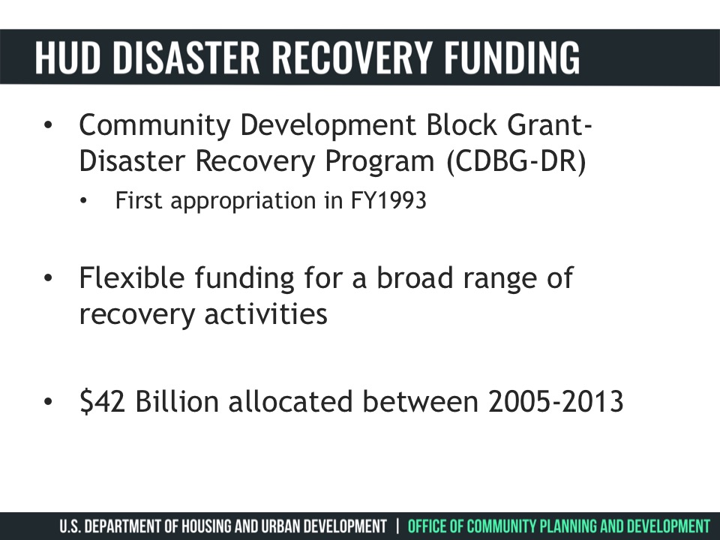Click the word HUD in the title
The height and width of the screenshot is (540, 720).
point(67,57)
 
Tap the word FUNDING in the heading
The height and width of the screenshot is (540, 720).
point(511,57)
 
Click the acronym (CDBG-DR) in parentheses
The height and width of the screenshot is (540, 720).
point(517,161)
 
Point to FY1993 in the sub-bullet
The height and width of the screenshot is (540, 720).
point(388,201)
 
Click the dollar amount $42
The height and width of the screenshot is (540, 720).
point(102,401)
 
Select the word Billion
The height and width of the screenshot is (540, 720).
point(177,400)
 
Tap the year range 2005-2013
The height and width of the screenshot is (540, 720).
point(556,401)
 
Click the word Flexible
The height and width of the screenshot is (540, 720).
point(132,277)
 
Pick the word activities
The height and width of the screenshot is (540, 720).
point(265,314)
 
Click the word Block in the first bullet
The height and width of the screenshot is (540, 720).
point(461,124)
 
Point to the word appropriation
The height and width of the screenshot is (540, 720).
point(243,202)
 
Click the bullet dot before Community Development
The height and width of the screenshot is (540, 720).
point(48,125)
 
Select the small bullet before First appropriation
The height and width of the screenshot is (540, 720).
point(83,201)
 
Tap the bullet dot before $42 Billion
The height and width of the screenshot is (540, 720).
point(48,401)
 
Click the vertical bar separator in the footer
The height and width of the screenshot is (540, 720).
point(397,526)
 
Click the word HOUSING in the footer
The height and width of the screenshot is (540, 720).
point(208,526)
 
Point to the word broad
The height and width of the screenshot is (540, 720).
point(415,277)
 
